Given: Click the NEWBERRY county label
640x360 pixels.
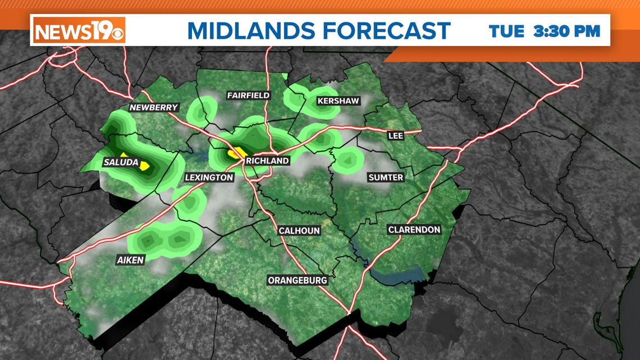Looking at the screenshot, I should pyautogui.click(x=153, y=107).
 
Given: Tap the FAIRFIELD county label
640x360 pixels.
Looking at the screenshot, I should pyautogui.click(x=248, y=95).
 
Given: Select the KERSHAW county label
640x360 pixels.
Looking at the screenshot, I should pyautogui.click(x=338, y=101).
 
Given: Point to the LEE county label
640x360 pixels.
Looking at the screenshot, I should pyautogui.click(x=396, y=136).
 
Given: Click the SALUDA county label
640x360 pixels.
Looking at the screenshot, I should pyautogui.click(x=121, y=162).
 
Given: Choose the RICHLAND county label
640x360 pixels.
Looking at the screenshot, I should pyautogui.click(x=267, y=161).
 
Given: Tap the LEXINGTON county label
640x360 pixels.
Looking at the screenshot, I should pyautogui.click(x=209, y=177).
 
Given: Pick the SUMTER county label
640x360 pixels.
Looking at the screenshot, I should pyautogui.click(x=386, y=177).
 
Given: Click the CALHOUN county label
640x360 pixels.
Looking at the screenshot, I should pyautogui.click(x=299, y=231).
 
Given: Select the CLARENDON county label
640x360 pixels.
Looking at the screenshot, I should pyautogui.click(x=414, y=230).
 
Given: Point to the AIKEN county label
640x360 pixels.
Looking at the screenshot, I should pyautogui.click(x=130, y=259).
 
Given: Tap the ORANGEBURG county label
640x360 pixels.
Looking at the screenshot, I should pyautogui.click(x=297, y=280).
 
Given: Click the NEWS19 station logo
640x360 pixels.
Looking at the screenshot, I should pyautogui.click(x=79, y=30).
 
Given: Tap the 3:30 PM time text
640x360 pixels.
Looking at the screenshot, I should pyautogui.click(x=567, y=31).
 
